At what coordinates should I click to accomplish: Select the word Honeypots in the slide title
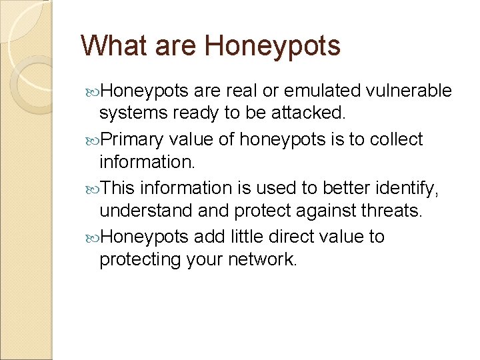tap(273, 46)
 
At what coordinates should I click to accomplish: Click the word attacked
tap(310, 113)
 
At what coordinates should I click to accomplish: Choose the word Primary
tap(133, 139)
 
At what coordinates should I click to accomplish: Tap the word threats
tap(393, 211)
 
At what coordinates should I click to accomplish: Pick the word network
tap(261, 259)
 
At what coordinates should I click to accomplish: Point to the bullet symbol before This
tap(92, 189)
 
